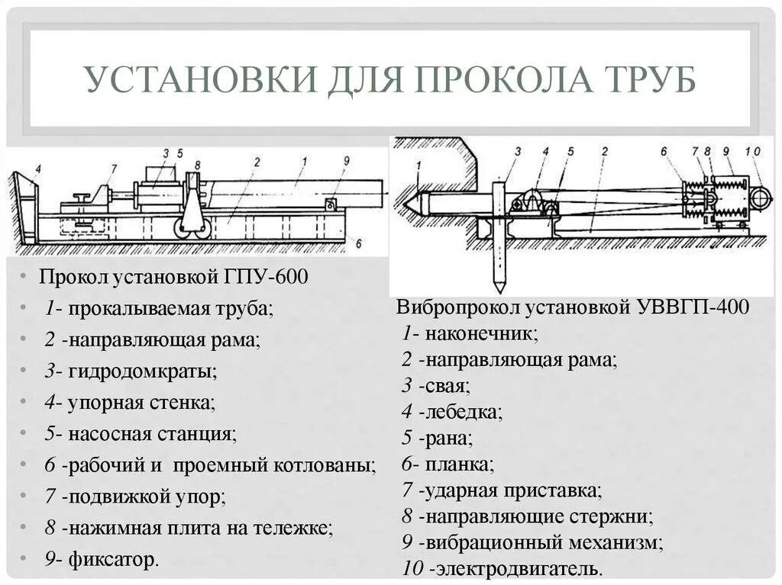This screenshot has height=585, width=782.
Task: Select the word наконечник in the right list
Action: click(x=482, y=333)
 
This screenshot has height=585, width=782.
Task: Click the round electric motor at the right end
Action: click(x=761, y=198)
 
